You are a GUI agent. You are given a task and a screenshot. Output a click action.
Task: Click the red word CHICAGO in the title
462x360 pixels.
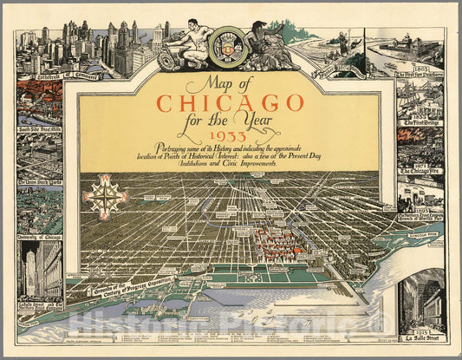pos(231,103)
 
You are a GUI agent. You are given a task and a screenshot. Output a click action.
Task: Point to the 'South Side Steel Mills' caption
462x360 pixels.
pos(38,128)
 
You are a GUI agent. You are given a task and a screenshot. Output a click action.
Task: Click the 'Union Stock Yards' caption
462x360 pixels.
pos(38,183)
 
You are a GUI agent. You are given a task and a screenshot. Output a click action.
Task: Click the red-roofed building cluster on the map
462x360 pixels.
pos(277,244)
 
